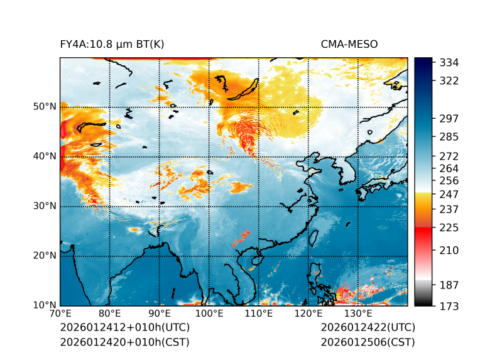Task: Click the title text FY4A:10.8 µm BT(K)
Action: (x=112, y=45)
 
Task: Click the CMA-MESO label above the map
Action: (x=349, y=45)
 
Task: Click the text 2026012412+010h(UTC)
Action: (x=124, y=328)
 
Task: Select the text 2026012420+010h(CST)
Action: (x=124, y=342)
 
